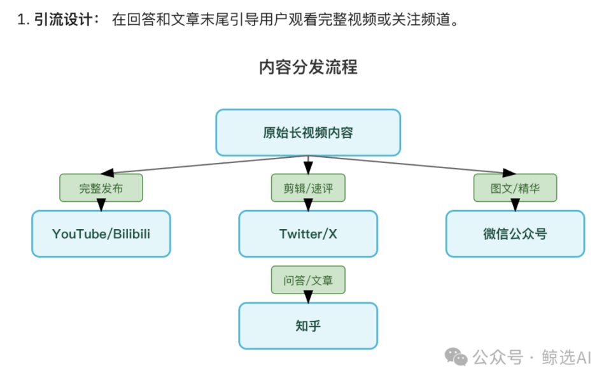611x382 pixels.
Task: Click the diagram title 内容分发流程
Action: coord(308,67)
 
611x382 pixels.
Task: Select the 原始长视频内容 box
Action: coord(308,132)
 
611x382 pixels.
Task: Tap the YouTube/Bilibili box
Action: coord(101,234)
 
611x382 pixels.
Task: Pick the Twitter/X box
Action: coord(308,234)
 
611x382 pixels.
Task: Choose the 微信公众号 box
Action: coord(515,234)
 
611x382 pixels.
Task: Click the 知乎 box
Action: coord(308,325)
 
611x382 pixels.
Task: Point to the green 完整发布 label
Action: coord(101,188)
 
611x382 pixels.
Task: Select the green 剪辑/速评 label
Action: coord(308,188)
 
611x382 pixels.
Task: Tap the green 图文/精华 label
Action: coord(515,188)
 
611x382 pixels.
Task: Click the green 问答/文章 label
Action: coord(308,279)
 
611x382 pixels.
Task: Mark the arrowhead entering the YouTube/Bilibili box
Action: coord(101,204)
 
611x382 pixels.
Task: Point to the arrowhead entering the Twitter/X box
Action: coord(308,204)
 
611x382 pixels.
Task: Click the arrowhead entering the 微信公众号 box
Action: coord(515,204)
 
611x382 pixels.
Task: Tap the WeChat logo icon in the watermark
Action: coord(456,357)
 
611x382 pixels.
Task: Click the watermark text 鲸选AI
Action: coord(567,357)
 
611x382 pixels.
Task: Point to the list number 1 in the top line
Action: coord(22,20)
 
